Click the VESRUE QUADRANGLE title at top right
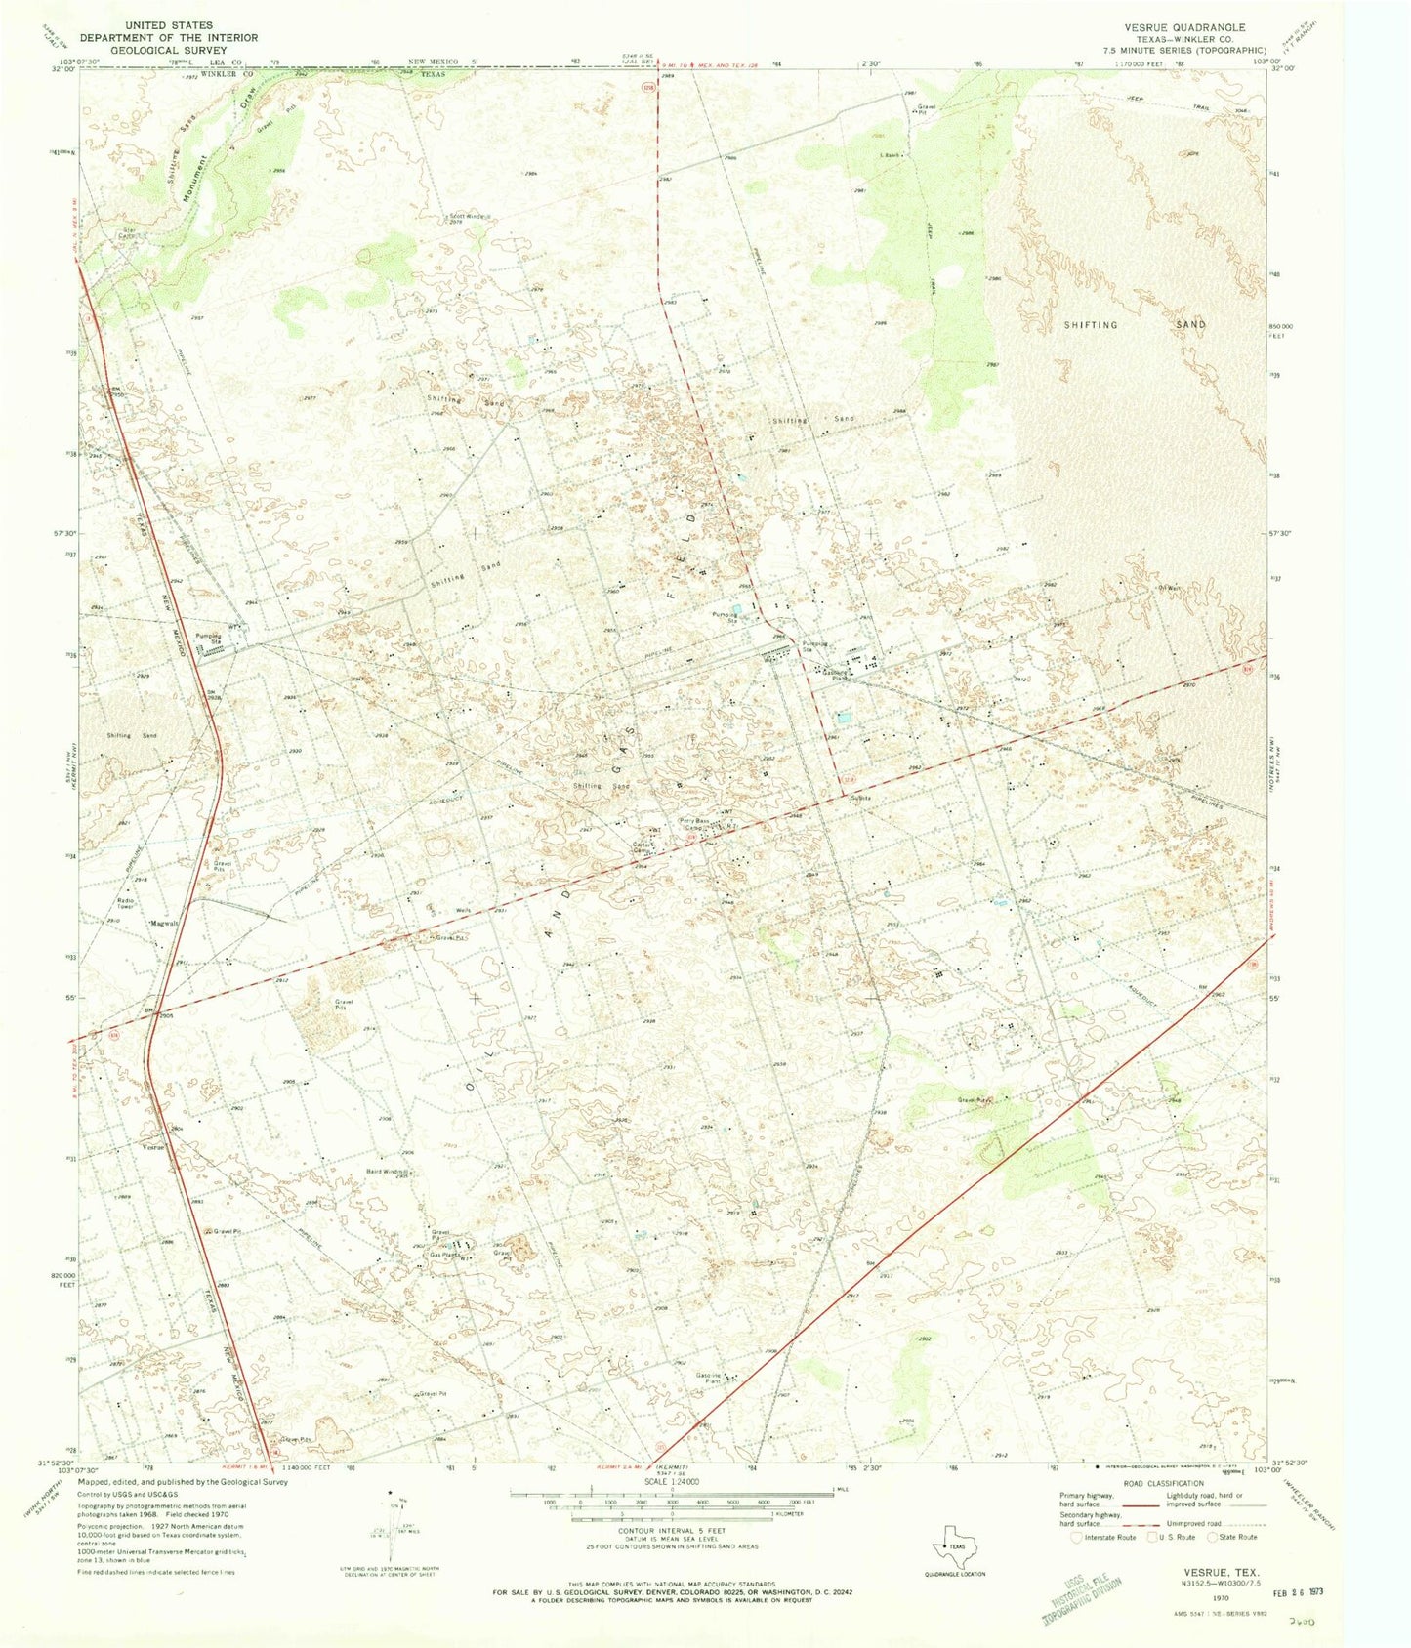(1183, 27)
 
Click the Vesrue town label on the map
(154, 1147)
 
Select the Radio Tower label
(127, 903)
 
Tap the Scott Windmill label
(469, 217)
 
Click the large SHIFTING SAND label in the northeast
(1136, 324)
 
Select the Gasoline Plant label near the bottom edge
(709, 1379)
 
